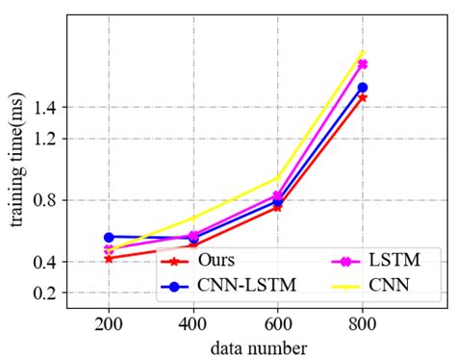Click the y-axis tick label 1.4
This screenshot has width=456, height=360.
pyautogui.click(x=44, y=108)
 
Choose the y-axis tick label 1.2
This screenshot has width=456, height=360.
pyautogui.click(x=44, y=139)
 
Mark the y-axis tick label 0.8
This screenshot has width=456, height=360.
pyautogui.click(x=44, y=200)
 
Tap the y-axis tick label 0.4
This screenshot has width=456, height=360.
pyautogui.click(x=44, y=262)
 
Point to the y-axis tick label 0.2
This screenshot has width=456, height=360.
pyautogui.click(x=44, y=293)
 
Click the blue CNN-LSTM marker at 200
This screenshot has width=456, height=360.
pyautogui.click(x=109, y=237)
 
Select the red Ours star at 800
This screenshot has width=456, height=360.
pyautogui.click(x=363, y=97)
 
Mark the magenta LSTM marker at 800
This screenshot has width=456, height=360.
pyautogui.click(x=363, y=64)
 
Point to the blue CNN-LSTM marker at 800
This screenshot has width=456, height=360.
pyautogui.click(x=363, y=88)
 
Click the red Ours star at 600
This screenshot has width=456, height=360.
pyautogui.click(x=278, y=206)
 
